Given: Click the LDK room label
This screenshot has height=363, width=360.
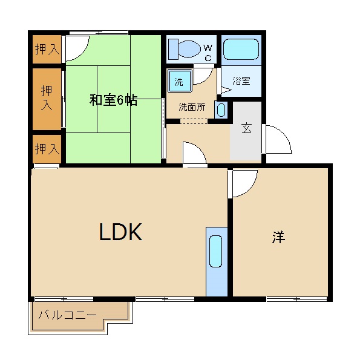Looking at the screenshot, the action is point(120,232).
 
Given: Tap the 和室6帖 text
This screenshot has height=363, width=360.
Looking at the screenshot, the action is point(113,100).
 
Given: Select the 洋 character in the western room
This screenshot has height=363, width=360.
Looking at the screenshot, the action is point(278,237).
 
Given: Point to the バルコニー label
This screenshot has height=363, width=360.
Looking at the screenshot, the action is point(67,315).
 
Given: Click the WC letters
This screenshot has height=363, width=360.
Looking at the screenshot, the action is point(208,53).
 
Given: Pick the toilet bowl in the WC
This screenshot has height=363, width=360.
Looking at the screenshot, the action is point(189,49).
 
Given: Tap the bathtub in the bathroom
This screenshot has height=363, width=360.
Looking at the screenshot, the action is point(241,50).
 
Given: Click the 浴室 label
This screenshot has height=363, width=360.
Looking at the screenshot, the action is point(241,81).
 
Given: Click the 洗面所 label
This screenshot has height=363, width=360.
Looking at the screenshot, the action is point(192,107).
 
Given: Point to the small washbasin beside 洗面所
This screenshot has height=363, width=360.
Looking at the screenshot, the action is point(221,110).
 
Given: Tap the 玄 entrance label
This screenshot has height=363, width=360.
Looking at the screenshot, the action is point(246,128).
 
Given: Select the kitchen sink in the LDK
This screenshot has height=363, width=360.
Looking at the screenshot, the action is point(216,252).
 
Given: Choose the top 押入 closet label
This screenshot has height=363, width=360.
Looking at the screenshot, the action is point(47,49).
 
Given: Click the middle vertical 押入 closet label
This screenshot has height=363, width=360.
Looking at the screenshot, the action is point(47,98).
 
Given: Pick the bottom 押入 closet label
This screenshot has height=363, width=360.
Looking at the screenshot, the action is point(47,149).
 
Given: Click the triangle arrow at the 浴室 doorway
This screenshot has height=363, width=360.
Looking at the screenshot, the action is point(226,90).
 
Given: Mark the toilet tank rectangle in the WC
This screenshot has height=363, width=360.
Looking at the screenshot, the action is point(174,49).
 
